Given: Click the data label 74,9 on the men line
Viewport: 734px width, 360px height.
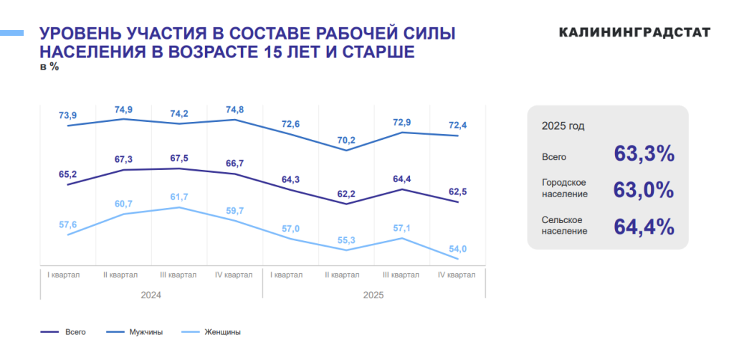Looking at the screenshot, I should (123, 110).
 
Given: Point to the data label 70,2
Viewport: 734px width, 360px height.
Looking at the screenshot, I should (347, 141).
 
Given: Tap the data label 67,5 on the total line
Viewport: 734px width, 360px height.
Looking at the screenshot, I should (179, 158).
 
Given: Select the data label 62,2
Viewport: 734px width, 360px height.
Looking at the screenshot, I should (347, 194).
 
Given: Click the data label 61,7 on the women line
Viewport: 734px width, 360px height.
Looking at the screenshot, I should (179, 197).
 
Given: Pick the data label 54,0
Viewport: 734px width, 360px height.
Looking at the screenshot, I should (458, 249).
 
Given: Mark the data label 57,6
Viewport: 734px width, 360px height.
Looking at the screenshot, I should (68, 224).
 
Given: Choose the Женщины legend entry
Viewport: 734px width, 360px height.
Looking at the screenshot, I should (222, 332).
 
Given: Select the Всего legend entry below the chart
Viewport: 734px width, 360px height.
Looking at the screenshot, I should (75, 332).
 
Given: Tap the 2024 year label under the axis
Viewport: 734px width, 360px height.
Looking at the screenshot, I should (151, 295).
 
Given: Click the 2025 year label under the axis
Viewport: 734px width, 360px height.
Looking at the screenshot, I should (373, 295).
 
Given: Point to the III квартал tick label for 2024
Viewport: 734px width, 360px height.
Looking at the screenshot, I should (178, 275).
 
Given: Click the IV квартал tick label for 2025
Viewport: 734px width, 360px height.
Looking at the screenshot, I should (457, 275).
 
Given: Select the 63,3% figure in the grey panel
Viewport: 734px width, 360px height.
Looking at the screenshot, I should (644, 154).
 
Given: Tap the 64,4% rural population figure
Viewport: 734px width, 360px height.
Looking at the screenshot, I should (644, 227).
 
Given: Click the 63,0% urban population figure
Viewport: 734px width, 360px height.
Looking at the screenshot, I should (644, 191).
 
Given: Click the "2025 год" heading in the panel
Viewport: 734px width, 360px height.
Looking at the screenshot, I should (563, 126).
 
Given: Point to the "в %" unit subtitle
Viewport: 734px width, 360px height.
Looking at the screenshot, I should (49, 67).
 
